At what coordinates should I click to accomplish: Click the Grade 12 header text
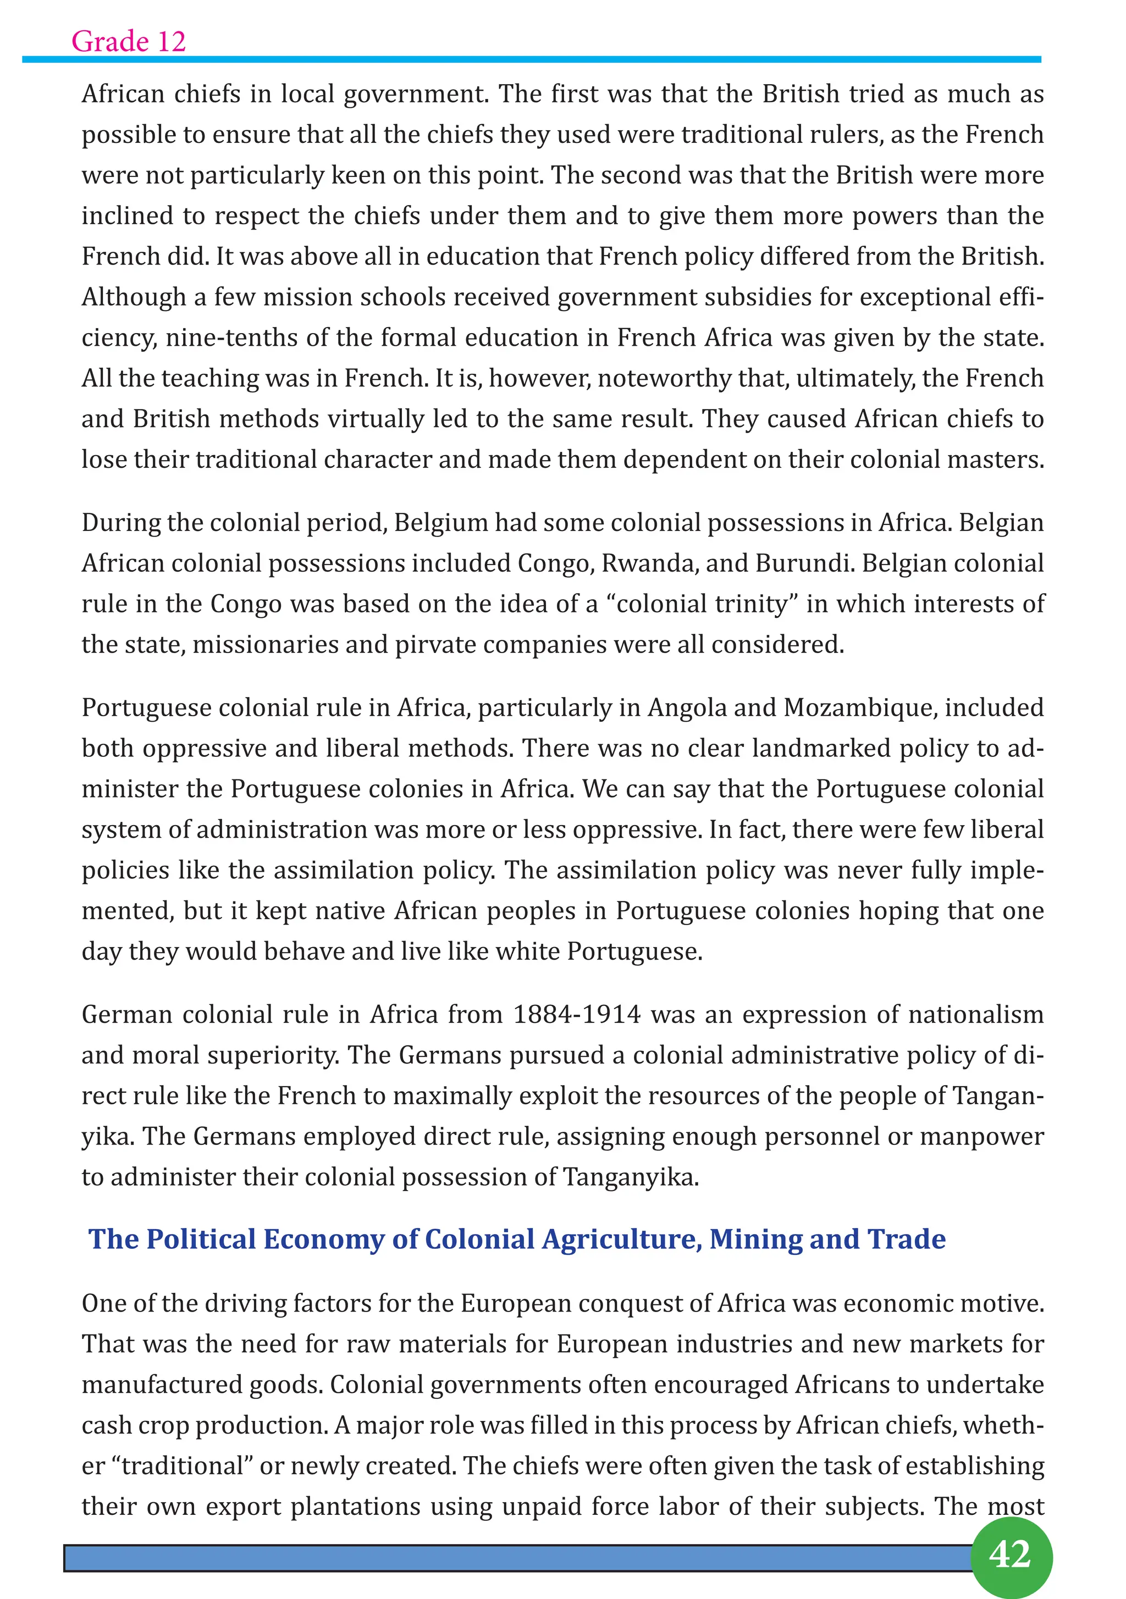(x=129, y=42)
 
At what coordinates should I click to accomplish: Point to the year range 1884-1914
(x=577, y=1014)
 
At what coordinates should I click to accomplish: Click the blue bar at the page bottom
(x=516, y=1557)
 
